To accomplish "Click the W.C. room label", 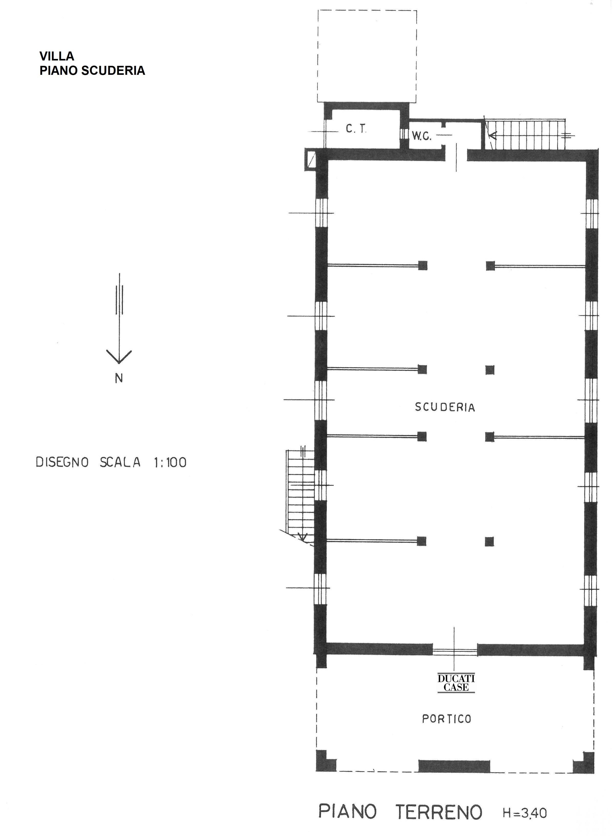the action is (x=421, y=137).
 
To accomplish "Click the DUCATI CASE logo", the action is (x=456, y=683).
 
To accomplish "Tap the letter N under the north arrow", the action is (x=119, y=378).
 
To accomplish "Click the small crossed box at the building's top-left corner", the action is (x=310, y=160).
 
